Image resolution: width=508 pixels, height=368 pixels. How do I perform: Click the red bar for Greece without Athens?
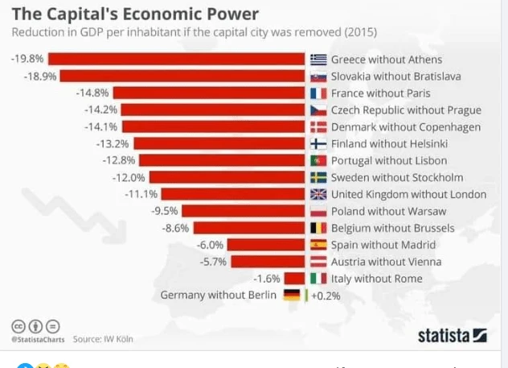click(x=178, y=60)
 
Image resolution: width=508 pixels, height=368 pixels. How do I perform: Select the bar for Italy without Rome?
click(x=294, y=279)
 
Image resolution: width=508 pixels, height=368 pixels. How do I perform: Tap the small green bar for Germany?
click(x=306, y=296)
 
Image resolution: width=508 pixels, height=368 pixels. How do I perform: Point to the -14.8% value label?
click(x=92, y=93)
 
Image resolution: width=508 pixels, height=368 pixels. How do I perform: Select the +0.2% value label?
click(x=326, y=296)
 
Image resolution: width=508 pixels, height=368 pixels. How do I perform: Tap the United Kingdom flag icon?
click(x=318, y=194)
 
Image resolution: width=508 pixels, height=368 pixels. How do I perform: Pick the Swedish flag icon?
click(x=318, y=177)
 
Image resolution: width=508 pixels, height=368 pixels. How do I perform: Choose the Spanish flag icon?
click(x=318, y=245)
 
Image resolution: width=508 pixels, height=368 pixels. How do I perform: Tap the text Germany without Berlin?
click(x=219, y=296)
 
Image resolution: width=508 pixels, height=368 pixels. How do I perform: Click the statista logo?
click(x=453, y=335)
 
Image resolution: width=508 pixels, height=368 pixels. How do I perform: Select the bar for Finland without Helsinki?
click(x=220, y=144)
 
